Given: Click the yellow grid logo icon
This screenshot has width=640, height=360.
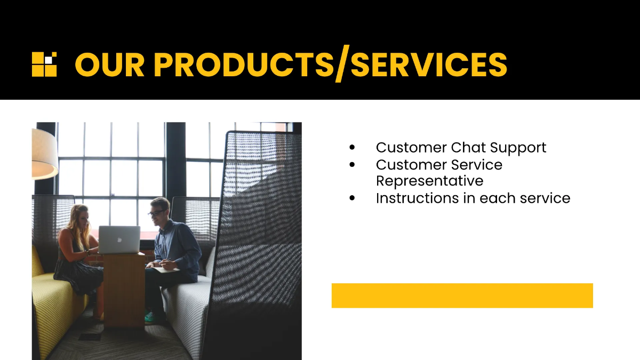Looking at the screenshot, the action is coord(44,65).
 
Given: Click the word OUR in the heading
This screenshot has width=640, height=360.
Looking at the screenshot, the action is coord(110,65).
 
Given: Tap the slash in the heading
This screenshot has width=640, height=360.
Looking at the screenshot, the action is coord(342,63).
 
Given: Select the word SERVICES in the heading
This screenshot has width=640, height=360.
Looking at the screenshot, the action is coord(429,65).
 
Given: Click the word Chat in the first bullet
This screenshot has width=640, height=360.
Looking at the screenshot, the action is coord(468,147).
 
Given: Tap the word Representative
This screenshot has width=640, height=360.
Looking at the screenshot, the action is coord(429,181).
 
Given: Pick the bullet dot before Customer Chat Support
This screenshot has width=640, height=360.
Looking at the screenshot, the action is coord(352,147).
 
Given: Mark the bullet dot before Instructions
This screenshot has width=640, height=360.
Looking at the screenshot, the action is coord(352,198).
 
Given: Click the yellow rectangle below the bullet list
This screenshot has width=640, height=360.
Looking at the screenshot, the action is coord(462,295).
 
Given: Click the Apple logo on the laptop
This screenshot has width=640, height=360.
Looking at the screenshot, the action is coord(119,239).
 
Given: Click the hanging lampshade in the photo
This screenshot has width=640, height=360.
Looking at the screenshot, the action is coord(44,154).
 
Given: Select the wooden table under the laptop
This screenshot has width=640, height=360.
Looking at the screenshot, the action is coord(124,289).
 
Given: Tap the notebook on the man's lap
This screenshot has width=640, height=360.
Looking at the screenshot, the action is coord(166,269).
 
